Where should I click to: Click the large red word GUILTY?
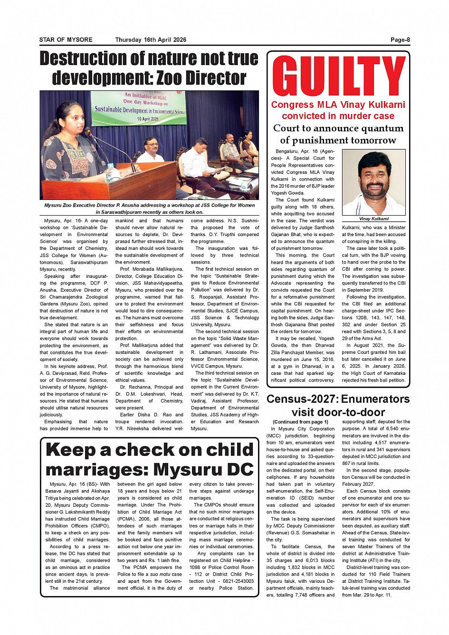click(x=338, y=76)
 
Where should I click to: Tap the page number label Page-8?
click(x=400, y=40)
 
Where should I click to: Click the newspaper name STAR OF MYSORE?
click(x=66, y=40)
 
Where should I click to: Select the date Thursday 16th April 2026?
click(x=151, y=40)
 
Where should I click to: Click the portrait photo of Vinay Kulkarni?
click(x=373, y=182)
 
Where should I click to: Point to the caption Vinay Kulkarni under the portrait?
click(x=373, y=219)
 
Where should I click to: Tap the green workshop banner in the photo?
click(x=138, y=107)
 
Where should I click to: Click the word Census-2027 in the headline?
click(x=302, y=399)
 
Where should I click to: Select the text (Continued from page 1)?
click(x=300, y=422)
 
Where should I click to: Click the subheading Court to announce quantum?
click(x=338, y=128)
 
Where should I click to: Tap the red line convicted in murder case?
click(x=338, y=116)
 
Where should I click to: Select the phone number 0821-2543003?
click(x=238, y=581)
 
